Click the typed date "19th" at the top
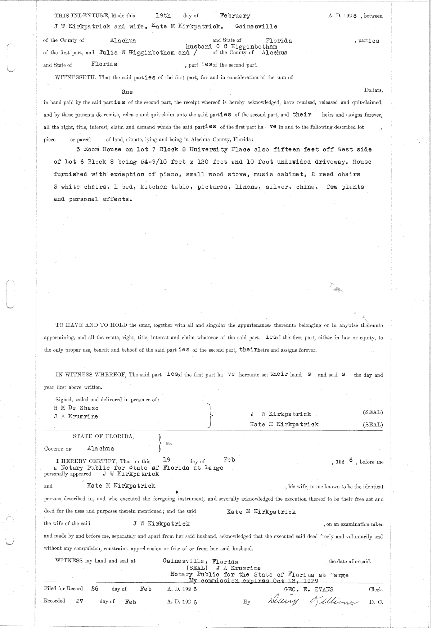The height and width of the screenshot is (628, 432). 163,15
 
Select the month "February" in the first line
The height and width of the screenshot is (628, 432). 235,16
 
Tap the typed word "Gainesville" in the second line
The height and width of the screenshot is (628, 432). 256,26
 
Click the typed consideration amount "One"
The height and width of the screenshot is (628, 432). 127,92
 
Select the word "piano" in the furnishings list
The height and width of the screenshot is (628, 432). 170,175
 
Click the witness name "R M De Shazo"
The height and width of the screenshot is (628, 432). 75,408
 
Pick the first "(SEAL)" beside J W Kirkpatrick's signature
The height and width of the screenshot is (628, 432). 373,412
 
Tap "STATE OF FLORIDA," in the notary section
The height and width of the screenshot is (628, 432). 104,436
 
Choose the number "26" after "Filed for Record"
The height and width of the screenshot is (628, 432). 95,589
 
